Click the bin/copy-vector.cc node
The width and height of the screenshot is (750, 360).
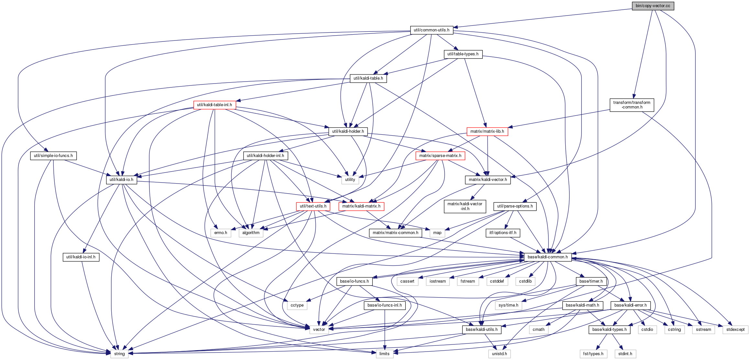[x=653, y=6]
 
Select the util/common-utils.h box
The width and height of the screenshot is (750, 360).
[x=432, y=30]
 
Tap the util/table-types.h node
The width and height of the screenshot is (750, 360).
[x=463, y=54]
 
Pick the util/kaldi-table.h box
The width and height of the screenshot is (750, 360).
[x=368, y=78]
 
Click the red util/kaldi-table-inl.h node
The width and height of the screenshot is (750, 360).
[x=215, y=105]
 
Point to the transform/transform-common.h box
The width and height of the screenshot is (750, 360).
[x=632, y=105]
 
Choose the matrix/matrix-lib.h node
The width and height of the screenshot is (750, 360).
[x=487, y=131]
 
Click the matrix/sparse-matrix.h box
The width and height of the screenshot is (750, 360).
[x=440, y=156]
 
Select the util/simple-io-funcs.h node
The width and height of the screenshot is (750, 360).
[x=53, y=156]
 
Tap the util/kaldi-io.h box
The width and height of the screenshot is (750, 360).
[x=121, y=180]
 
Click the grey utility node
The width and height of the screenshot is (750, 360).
[x=350, y=180]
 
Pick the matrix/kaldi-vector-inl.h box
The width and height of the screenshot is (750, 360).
[x=465, y=206]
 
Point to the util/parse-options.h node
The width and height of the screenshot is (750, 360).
[x=515, y=206]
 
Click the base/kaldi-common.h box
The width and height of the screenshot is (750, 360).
[x=548, y=257]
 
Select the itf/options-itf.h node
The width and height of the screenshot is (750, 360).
[x=503, y=233]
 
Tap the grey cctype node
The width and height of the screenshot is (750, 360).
[x=297, y=305]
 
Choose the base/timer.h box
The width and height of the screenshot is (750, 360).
[x=591, y=281]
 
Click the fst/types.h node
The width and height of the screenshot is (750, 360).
[x=593, y=354]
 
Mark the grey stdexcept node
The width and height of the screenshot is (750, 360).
[x=735, y=330]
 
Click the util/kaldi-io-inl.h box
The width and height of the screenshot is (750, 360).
[x=81, y=257]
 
